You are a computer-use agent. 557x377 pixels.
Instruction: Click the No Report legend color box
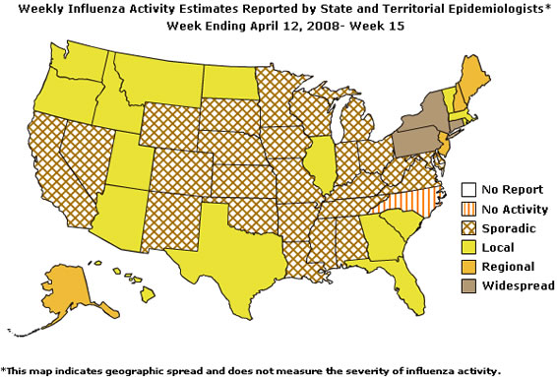click(x=469, y=190)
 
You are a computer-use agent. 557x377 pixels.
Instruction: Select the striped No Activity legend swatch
click(x=469, y=209)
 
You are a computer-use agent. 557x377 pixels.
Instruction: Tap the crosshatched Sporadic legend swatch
click(x=469, y=227)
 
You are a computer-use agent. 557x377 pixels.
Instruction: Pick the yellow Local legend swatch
click(x=469, y=247)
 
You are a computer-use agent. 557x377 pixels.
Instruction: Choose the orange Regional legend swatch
click(x=469, y=266)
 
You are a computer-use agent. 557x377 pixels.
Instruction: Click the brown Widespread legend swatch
click(x=469, y=284)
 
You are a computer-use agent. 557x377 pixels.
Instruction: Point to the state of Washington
click(x=73, y=63)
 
